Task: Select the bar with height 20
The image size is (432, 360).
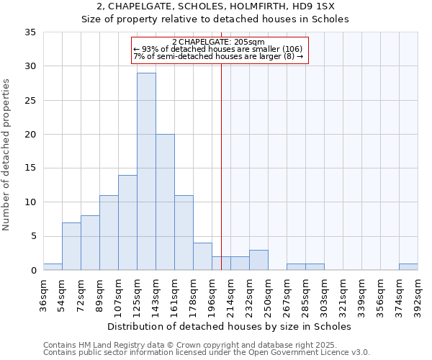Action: (165, 202)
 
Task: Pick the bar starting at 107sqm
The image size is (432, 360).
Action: (127, 222)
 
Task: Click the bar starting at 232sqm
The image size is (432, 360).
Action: (258, 260)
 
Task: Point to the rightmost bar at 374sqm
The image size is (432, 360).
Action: (408, 267)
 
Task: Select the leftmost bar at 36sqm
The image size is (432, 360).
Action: (53, 267)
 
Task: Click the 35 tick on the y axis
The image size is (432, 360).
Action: (30, 32)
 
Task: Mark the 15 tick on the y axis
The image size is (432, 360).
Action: (30, 168)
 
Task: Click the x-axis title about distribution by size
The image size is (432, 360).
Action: (229, 326)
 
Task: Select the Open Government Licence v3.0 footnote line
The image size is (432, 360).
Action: (207, 353)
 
